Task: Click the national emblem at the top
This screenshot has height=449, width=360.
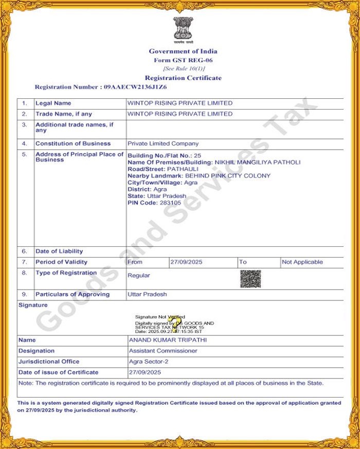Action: pyautogui.click(x=183, y=29)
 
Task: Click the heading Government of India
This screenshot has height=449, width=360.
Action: pyautogui.click(x=183, y=51)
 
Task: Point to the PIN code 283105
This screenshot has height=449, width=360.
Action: pyautogui.click(x=171, y=203)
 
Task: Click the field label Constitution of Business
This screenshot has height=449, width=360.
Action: pyautogui.click(x=73, y=143)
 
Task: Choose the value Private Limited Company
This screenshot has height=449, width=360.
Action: pyautogui.click(x=163, y=143)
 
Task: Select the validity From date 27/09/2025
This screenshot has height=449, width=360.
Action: pyautogui.click(x=187, y=262)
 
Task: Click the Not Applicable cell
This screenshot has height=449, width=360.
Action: pyautogui.click(x=302, y=262)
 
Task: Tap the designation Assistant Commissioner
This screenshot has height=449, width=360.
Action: pyautogui.click(x=163, y=351)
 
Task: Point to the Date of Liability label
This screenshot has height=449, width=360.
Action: pyautogui.click(x=59, y=251)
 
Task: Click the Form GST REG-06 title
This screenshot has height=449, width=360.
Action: pyautogui.click(x=183, y=60)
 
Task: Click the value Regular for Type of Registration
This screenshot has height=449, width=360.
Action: pyautogui.click(x=139, y=276)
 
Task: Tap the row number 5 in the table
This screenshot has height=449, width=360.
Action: pyautogui.click(x=24, y=154)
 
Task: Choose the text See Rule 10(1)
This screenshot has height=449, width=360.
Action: pyautogui.click(x=184, y=68)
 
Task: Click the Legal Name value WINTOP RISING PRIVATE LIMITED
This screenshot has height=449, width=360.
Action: pyautogui.click(x=180, y=103)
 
